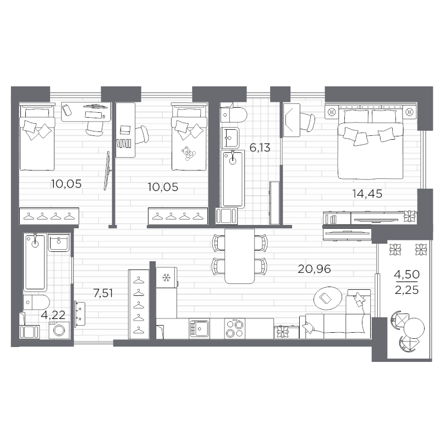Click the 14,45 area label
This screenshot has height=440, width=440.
pyautogui.click(x=367, y=193)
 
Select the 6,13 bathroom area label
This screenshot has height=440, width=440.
pyautogui.click(x=259, y=148)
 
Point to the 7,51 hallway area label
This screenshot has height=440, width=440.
pyautogui.click(x=103, y=293)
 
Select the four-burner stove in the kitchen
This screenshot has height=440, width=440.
pyautogui.click(x=237, y=329)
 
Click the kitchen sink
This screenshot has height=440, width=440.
pyautogui.click(x=199, y=329)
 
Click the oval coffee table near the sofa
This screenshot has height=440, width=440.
pyautogui.click(x=326, y=298)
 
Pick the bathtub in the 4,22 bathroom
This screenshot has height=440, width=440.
pyautogui.click(x=35, y=261)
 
